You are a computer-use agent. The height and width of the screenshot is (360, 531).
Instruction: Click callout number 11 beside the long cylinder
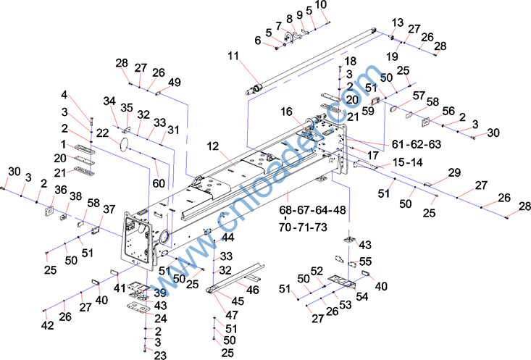click(233, 56)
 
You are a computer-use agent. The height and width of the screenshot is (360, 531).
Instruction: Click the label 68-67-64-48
click(312, 211)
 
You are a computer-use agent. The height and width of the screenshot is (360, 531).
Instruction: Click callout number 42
click(48, 325)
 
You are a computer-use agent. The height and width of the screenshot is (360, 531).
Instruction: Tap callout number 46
click(253, 290)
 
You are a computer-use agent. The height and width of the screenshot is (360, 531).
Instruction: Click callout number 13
click(397, 22)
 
